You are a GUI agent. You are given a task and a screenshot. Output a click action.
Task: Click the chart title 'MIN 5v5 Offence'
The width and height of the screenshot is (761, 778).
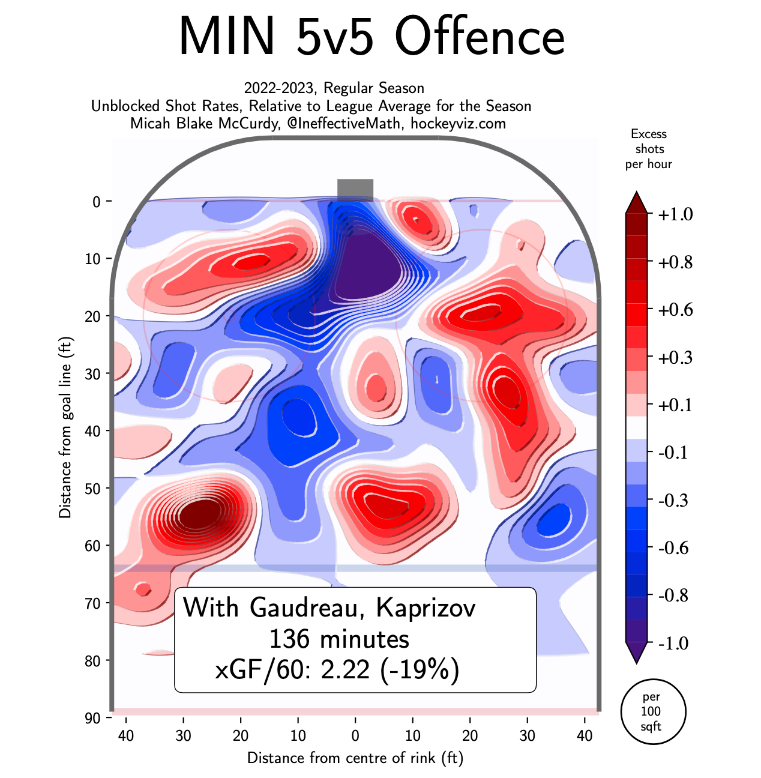pos(371,36)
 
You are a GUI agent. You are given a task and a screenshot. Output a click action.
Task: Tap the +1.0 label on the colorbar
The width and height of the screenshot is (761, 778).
pos(675,214)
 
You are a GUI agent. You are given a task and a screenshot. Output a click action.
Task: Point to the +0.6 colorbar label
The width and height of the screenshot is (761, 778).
pos(675,310)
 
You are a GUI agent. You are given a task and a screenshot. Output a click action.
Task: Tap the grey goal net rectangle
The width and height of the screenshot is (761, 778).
pos(355,190)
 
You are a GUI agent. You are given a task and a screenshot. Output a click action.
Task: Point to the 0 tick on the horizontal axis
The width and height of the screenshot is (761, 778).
pos(355,736)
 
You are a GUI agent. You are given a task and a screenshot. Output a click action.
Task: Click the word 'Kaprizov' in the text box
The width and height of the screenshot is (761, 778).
pos(426,608)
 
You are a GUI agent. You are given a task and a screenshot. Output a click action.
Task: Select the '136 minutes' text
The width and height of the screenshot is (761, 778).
pos(339,639)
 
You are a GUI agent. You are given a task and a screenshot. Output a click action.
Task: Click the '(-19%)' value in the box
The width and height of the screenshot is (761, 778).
pos(420,669)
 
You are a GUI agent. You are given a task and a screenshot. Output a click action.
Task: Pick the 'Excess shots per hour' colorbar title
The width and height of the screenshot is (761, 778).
pos(649,149)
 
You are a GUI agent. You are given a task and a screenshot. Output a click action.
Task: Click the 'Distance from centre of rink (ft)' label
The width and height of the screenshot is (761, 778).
pos(355,758)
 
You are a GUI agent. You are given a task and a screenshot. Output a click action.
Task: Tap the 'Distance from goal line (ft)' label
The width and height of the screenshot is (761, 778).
pos(65,427)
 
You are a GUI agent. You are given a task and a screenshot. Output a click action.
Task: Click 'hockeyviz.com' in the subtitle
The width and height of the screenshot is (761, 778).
pos(458,124)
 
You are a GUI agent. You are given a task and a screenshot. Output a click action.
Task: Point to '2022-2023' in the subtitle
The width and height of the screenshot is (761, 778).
pos(279,88)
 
